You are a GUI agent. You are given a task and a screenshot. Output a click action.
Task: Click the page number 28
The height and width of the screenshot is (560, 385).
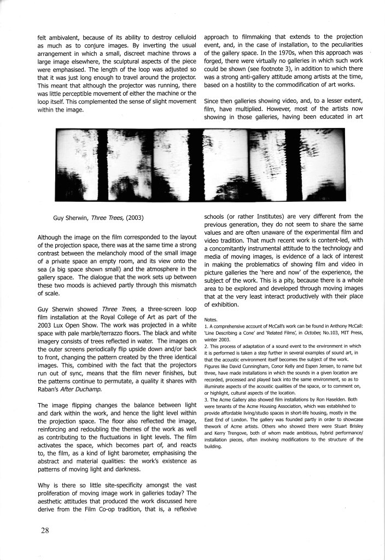(45, 529)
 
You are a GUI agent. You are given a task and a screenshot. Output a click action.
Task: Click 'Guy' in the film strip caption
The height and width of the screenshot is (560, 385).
(59, 218)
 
